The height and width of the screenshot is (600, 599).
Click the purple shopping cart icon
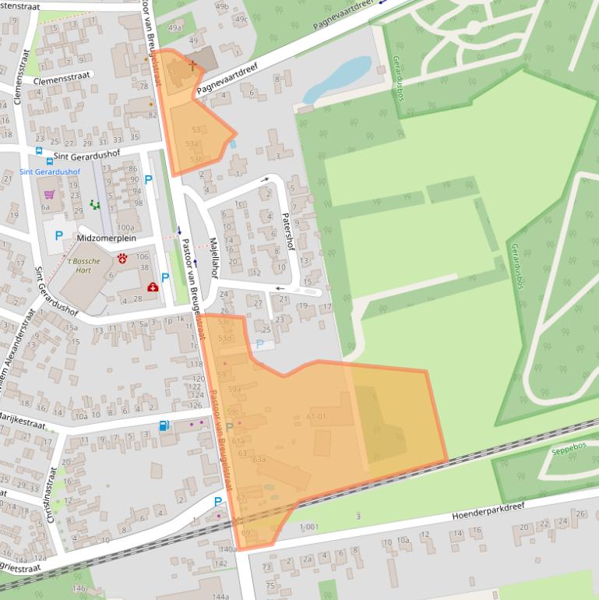(x=49, y=194)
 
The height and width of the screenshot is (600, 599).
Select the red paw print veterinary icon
(x=122, y=257)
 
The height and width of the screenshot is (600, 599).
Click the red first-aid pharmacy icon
(x=151, y=288)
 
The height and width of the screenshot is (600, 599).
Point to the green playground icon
(x=95, y=205)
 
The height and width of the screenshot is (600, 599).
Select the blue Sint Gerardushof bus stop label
(x=50, y=171)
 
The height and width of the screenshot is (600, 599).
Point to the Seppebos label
(x=546, y=450)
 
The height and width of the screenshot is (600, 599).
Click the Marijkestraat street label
(x=23, y=419)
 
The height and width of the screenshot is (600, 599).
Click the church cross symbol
(x=192, y=67)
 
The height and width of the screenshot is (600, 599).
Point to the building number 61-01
(x=316, y=417)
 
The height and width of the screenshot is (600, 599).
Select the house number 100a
(x=124, y=228)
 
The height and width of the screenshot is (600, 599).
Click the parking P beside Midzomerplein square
(x=58, y=235)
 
